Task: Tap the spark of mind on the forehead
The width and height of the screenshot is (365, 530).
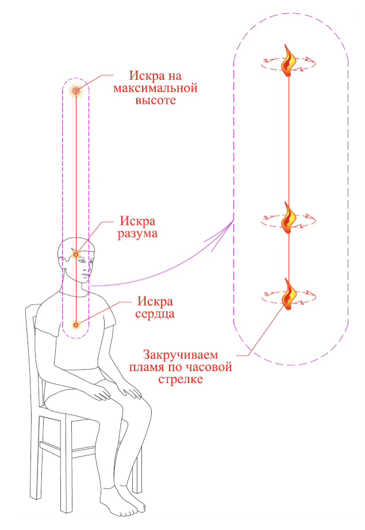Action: (76, 253)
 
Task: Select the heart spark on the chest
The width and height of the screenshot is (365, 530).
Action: (75, 325)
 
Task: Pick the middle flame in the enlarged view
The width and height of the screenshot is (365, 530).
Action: (289, 217)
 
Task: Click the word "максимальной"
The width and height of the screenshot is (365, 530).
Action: (155, 88)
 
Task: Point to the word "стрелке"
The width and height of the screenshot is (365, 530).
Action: (183, 379)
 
